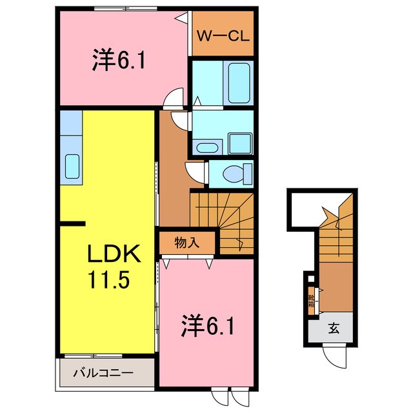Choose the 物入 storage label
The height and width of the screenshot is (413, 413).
click(x=186, y=243)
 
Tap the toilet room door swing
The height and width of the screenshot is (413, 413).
click(x=195, y=172)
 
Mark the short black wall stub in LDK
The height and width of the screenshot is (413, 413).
click(x=72, y=224)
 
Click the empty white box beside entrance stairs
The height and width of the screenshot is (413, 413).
click(x=303, y=208)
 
